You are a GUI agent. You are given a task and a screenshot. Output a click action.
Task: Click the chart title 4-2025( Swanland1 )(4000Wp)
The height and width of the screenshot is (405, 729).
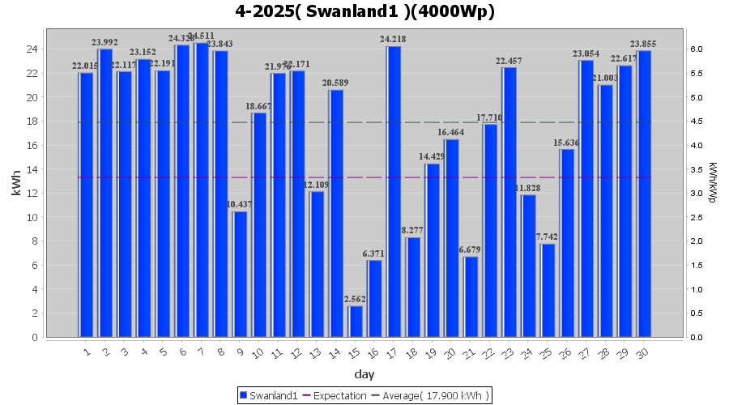click(x=364, y=11)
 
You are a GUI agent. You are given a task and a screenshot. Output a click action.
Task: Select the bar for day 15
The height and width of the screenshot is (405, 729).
click(x=356, y=322)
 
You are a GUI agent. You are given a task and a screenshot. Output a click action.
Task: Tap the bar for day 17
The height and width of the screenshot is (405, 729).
click(x=394, y=191)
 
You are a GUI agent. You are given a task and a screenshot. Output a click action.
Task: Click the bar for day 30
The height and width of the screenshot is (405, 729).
click(x=644, y=194)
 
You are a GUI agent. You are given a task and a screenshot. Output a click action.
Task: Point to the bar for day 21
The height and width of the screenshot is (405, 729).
click(x=471, y=296)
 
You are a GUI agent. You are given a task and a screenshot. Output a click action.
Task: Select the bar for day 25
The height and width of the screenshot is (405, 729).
click(x=548, y=290)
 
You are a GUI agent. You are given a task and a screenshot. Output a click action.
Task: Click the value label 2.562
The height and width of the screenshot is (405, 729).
click(x=356, y=300)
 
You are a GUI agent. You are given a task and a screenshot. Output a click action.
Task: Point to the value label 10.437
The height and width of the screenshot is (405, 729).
click(x=240, y=205)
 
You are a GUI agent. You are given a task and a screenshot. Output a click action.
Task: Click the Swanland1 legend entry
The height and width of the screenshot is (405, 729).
click(x=268, y=395)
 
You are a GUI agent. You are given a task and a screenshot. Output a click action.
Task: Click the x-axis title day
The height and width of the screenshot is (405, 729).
click(x=364, y=374)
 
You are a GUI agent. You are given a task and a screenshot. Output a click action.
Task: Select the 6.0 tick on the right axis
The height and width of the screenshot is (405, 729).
click(x=697, y=49)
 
